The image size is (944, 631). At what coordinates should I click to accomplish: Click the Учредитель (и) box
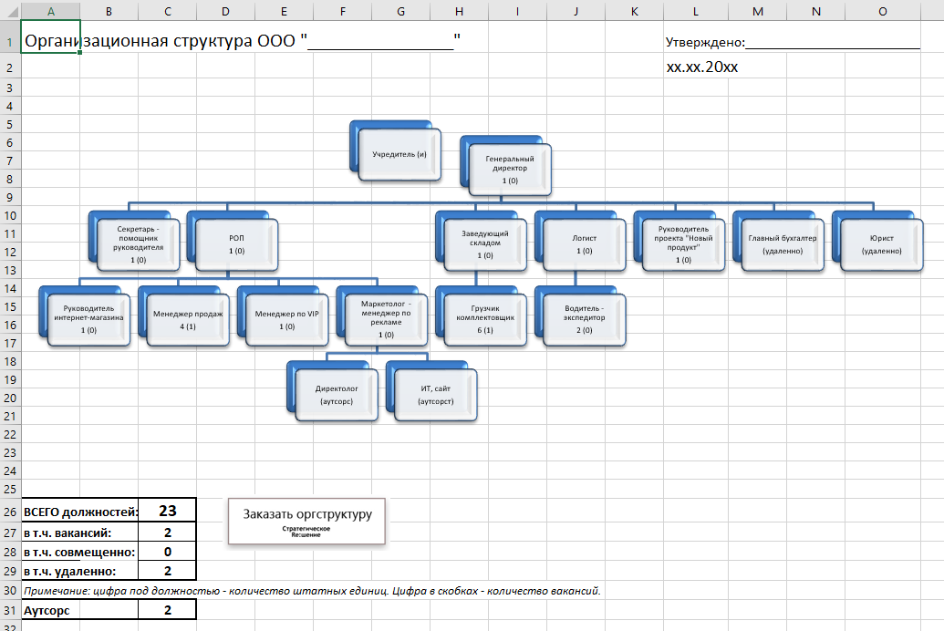399,154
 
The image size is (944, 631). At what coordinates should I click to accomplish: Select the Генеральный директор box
510,170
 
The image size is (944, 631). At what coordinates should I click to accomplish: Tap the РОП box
236,244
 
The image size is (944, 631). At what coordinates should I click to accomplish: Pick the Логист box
584,244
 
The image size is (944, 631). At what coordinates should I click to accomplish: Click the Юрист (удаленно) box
881,244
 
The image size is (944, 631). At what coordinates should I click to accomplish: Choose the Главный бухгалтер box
783,244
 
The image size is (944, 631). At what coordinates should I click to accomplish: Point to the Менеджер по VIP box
286,320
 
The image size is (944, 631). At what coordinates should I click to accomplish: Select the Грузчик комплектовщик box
485,320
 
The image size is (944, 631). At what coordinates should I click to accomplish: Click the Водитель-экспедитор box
584,320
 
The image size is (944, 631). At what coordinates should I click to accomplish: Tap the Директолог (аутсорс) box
337,395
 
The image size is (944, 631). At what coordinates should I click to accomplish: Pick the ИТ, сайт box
436,395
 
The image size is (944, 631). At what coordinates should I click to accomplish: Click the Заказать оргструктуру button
307,522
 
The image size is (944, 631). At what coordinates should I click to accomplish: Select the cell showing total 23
168,511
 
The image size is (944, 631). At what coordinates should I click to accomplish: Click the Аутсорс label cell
80,610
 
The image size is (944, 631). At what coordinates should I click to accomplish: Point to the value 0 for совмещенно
168,552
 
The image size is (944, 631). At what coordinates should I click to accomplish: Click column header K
635,11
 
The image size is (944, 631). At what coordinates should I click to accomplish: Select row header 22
10,435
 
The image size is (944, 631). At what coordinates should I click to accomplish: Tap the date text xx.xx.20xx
702,67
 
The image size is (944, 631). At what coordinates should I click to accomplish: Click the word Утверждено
704,42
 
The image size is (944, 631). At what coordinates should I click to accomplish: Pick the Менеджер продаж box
188,320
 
